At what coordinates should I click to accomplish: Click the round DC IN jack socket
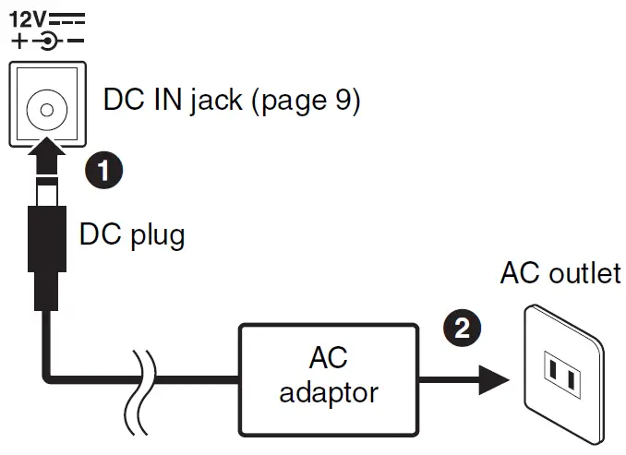pos(45,104)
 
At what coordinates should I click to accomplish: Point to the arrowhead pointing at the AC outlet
pos(495,377)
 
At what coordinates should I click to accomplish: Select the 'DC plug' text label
pos(131,235)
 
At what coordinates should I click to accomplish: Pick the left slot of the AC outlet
pos(553,373)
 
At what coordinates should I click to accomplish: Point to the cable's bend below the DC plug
pos(51,374)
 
